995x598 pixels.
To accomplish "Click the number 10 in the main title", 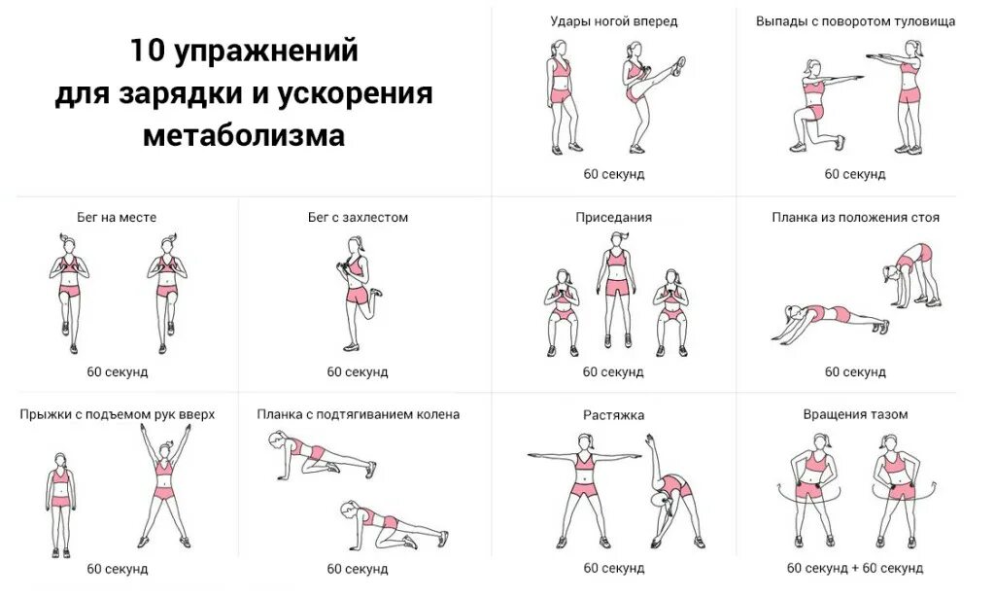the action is tap(148, 51).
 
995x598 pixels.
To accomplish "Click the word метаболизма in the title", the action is tap(244, 134).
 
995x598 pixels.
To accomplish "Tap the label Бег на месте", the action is tap(117, 218).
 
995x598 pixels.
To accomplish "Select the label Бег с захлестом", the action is tap(358, 218).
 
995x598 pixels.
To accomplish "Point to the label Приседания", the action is tap(613, 218).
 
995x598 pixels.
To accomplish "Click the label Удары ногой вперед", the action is tap(613, 20).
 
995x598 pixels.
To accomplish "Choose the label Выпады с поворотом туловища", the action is tap(855, 20).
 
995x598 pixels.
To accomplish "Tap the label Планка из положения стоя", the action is tap(855, 218).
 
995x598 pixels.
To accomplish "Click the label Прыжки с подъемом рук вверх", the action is tap(117, 414).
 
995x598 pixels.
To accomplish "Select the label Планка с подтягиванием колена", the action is tap(358, 414).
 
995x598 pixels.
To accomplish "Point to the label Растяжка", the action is tap(613, 415).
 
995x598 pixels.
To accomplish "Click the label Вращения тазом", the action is tap(855, 414).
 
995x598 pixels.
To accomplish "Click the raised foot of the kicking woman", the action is tap(679, 65).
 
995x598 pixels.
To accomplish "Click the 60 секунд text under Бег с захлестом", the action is tap(358, 371).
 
